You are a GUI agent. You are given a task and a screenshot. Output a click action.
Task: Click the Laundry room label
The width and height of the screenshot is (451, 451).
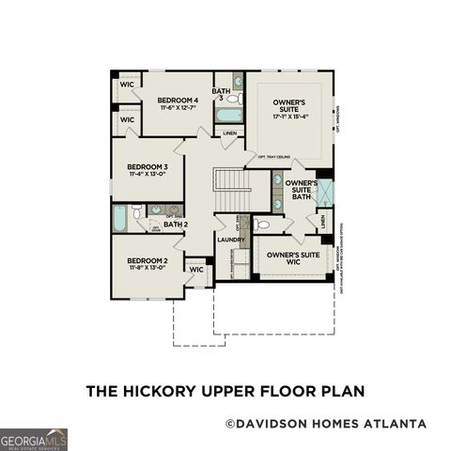(231, 240)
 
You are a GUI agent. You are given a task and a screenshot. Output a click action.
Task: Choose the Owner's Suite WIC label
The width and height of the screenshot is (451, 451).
(293, 256)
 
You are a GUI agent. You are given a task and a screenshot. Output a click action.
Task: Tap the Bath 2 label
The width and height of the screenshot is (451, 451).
(176, 225)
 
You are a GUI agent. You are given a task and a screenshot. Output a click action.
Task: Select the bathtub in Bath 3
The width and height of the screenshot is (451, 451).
(228, 116)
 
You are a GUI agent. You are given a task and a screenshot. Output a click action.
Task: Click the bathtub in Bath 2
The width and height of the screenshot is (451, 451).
(120, 218)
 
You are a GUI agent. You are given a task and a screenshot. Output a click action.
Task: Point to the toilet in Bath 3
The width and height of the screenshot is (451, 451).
(233, 97)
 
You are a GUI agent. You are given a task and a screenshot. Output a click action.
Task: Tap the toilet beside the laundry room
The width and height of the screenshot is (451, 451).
(261, 225)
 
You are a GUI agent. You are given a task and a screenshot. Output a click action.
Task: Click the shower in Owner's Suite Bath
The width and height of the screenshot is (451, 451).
(324, 193)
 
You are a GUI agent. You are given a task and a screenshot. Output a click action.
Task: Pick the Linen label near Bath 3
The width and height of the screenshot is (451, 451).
(229, 133)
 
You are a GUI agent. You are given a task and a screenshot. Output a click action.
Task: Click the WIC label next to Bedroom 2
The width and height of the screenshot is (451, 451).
(196, 270)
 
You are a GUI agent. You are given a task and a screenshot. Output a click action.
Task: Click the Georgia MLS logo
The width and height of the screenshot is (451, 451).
(34, 439)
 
